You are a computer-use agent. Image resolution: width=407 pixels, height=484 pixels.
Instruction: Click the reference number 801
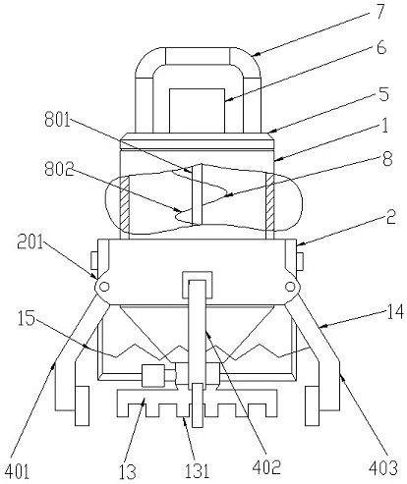coord(58,120)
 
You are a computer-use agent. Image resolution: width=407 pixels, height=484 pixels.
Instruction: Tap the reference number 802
coord(59,169)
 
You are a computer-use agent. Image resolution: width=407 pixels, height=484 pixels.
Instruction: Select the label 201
coord(29,242)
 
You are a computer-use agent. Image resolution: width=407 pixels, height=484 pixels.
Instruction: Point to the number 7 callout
coord(379,12)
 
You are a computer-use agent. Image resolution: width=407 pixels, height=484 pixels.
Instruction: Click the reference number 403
coord(382,468)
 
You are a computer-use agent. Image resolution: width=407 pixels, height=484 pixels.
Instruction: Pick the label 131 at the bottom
coord(197,471)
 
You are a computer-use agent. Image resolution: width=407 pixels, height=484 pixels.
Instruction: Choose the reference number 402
coord(266,466)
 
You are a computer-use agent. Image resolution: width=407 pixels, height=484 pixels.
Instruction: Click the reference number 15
coord(27,318)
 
